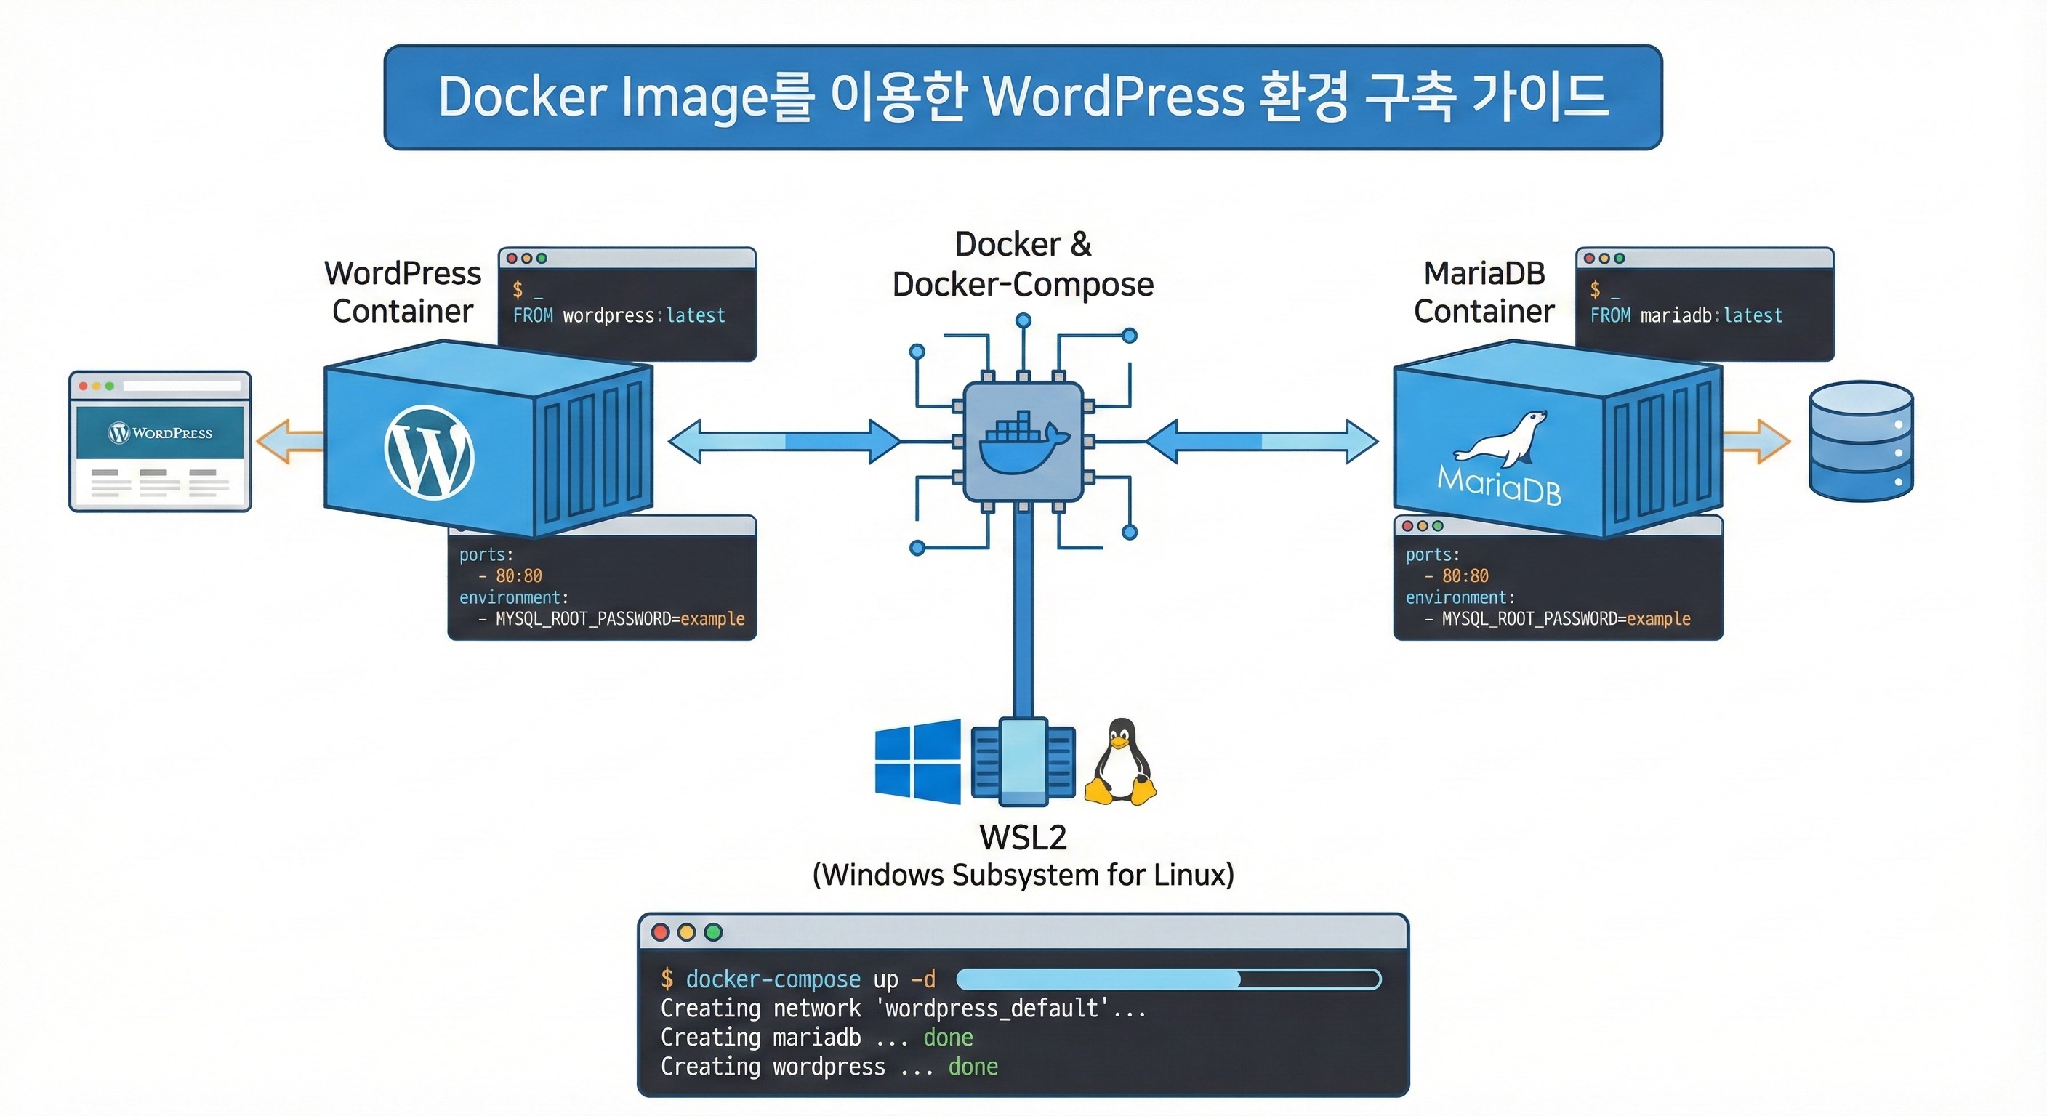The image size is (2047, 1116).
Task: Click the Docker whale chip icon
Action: tap(1023, 442)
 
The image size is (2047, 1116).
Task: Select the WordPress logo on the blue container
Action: tap(429, 453)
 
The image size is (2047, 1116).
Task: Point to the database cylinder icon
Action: tap(1861, 442)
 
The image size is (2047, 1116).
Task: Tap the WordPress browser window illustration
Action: tap(161, 442)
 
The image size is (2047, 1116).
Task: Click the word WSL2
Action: tap(1023, 838)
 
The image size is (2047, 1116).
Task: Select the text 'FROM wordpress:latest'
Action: tap(619, 315)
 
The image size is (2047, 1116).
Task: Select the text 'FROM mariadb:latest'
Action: tap(1686, 315)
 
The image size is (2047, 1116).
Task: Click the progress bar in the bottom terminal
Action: tap(1168, 979)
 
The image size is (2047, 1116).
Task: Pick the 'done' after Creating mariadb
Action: tap(948, 1038)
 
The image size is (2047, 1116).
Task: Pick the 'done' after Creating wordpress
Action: tap(973, 1067)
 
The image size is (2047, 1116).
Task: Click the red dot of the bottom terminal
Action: tap(660, 931)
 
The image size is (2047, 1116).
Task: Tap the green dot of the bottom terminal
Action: tap(713, 931)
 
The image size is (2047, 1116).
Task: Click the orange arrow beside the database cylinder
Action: tap(1758, 442)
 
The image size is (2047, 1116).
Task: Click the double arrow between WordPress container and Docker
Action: tap(785, 442)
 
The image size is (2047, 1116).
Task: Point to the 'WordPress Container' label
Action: tap(403, 292)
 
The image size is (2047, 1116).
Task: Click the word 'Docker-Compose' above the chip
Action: tap(1023, 284)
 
